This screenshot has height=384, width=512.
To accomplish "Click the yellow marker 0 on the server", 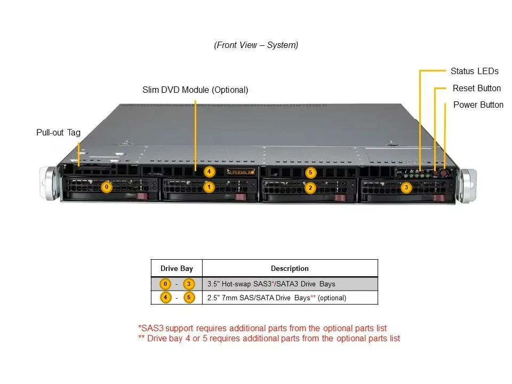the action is pos(107,187).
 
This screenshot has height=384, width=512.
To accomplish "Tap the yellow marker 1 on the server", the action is pos(209,187).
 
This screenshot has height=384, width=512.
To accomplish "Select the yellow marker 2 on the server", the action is pos(310,188).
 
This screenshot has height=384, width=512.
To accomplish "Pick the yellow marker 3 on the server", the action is pos(406,187).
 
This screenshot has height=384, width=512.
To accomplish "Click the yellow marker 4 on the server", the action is pos(209,171).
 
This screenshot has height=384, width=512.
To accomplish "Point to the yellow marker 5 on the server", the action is pos(310,172).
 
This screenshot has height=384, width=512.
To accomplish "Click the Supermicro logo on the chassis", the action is pos(241,172).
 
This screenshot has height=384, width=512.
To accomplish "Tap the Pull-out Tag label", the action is pos(59,133).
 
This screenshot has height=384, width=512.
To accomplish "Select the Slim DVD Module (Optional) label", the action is pos(195,90).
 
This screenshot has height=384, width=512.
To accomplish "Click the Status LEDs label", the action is pos(475,71).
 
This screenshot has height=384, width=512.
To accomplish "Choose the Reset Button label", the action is pos(477,88).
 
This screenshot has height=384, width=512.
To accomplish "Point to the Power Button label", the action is pos(478,105).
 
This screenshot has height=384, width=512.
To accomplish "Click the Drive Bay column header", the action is pos(177,268).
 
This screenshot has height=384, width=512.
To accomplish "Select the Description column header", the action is pos(290,268).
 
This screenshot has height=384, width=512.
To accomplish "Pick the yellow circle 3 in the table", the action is pos(189,284).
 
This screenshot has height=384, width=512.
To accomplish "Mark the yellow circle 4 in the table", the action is pos(165,298).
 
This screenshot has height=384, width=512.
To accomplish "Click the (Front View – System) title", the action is pos(256,45).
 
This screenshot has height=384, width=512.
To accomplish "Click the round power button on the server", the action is pos(444,173).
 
